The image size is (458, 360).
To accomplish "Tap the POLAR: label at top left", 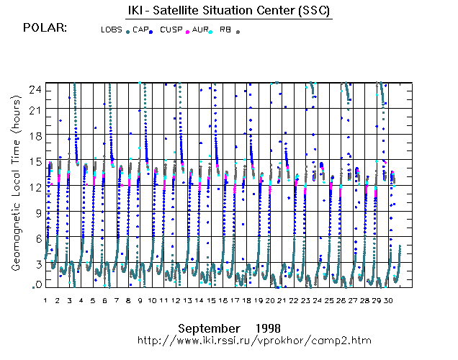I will (x=45, y=28).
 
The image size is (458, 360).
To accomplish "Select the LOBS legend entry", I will (x=112, y=30).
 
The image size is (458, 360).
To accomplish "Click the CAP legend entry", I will (x=140, y=30).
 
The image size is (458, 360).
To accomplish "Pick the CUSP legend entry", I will (x=171, y=30).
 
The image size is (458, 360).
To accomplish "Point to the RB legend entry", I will (x=225, y=30).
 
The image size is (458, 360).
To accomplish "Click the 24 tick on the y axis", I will (x=34, y=89).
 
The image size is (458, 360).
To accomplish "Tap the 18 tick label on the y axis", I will (x=34, y=135).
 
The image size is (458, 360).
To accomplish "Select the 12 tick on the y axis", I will (x=34, y=187).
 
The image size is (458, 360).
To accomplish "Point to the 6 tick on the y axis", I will (x=36, y=238).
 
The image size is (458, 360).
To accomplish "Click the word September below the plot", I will (x=209, y=327).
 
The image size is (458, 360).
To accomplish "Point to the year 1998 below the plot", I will (x=267, y=327).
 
